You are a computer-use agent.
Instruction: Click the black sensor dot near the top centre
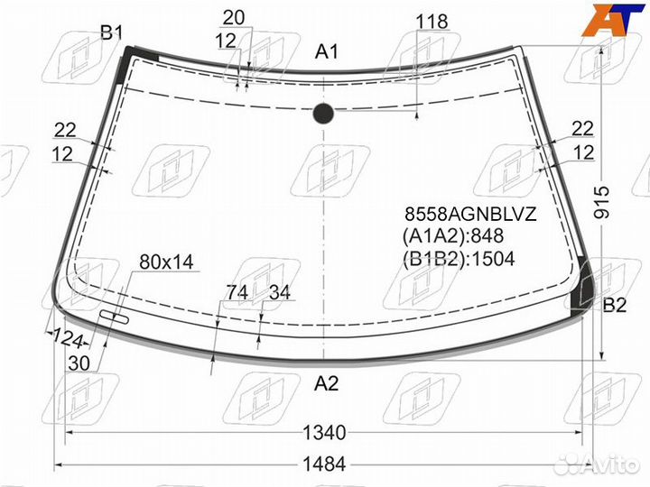323,113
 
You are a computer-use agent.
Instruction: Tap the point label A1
327,52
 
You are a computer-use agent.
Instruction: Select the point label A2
326,383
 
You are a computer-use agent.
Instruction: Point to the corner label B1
112,32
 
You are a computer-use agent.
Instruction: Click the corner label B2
615,305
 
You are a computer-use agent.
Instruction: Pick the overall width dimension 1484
324,464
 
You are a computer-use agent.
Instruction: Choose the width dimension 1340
324,433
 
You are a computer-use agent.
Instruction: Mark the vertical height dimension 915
602,203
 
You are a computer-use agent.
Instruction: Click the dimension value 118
432,21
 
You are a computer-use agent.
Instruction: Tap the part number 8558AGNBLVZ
470,215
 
